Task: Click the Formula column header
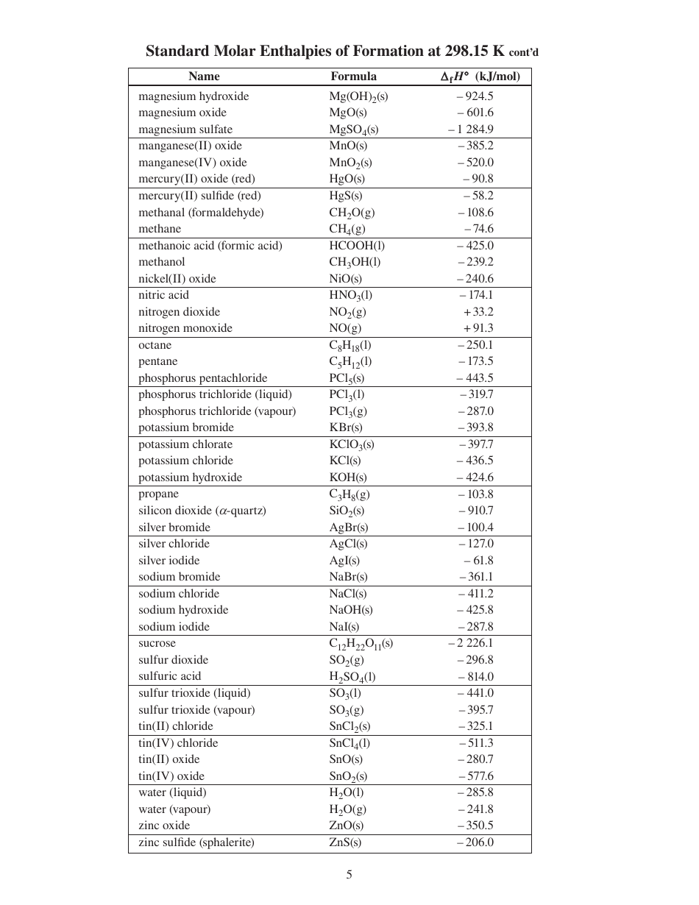click(x=353, y=77)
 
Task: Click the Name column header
click(x=204, y=77)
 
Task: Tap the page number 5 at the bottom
click(x=349, y=875)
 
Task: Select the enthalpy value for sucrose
click(x=471, y=643)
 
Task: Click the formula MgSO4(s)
click(x=353, y=129)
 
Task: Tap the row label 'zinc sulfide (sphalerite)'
click(x=196, y=842)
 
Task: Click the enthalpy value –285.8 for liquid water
click(x=475, y=792)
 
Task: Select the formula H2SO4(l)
click(x=352, y=677)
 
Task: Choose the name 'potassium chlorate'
click(x=185, y=444)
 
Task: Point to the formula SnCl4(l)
click(x=349, y=743)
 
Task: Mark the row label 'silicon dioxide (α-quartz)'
click(x=202, y=511)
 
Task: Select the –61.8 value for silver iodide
click(x=478, y=561)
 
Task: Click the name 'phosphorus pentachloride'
click(x=203, y=378)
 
